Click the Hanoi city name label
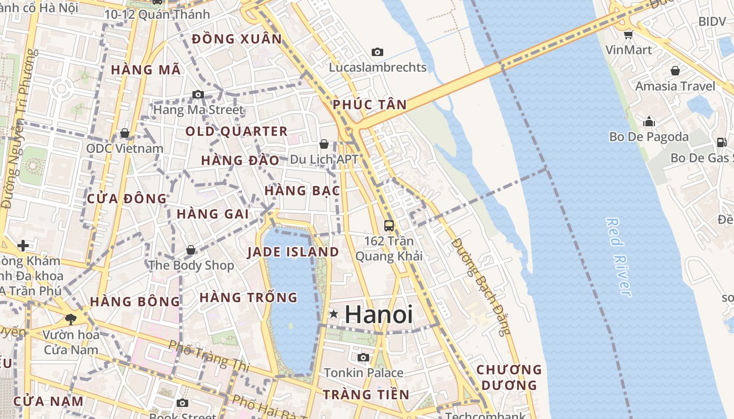pos(379,314)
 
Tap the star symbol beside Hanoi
pos(333,314)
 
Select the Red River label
pos(619,257)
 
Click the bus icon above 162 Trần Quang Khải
pos(388,226)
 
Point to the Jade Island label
pos(293,252)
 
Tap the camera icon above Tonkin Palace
pos(363,358)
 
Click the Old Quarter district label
pos(236,131)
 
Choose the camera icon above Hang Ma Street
pos(198,95)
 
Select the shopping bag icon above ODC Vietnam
pos(124,133)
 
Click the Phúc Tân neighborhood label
pos(370,105)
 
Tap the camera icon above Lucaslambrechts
pos(377,52)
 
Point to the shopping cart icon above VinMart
pos(628,35)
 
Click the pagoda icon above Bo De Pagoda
pos(649,122)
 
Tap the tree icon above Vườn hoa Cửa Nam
pos(70,319)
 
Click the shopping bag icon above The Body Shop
pos(191,250)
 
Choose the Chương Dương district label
pos(509,377)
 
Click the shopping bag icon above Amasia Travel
pos(675,70)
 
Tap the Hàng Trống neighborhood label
pos(248,297)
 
